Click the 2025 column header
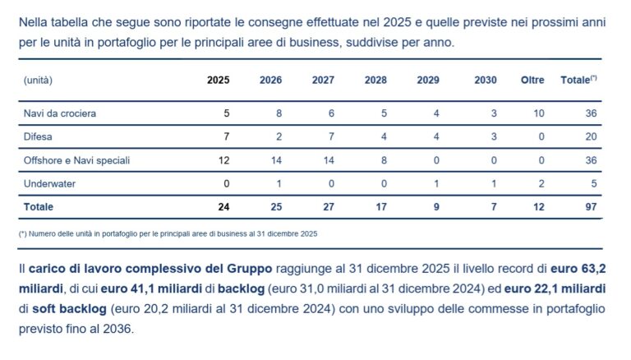[218, 80]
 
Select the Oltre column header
[532, 80]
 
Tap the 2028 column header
[375, 80]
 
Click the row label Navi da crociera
[60, 113]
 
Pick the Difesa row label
[38, 136]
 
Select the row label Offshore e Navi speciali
[76, 160]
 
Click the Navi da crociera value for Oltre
[539, 113]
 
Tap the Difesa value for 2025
[226, 136]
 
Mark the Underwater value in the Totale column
[592, 183]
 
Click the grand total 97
[589, 207]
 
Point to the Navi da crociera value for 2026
[279, 113]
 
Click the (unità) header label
[39, 80]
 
